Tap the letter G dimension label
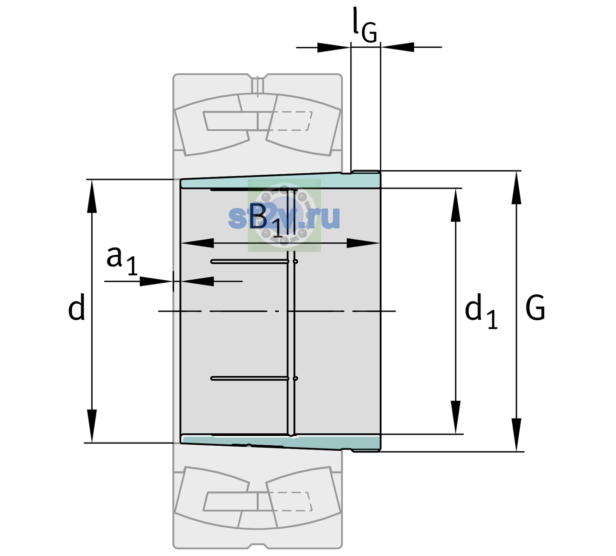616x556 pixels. tap(535, 308)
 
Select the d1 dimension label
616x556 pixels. tap(481, 311)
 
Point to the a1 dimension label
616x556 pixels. tap(122, 261)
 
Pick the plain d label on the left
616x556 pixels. tap(76, 307)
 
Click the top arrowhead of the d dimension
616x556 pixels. tap(92, 196)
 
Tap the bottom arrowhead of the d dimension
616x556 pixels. tap(92, 426)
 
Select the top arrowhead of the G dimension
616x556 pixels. tap(516, 188)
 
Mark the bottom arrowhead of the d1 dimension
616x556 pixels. tap(456, 417)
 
